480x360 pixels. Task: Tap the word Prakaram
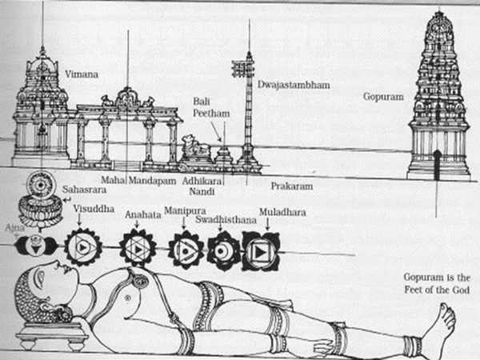click(290, 186)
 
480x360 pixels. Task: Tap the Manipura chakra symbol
click(186, 250)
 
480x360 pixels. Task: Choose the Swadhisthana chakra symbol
click(223, 250)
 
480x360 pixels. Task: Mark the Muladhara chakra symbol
click(261, 250)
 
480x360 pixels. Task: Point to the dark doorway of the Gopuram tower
click(437, 164)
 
